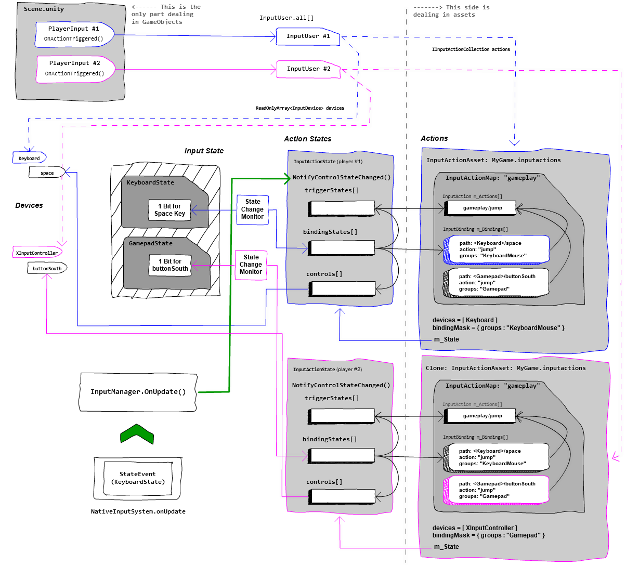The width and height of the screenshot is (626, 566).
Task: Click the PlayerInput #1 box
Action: pyautogui.click(x=74, y=34)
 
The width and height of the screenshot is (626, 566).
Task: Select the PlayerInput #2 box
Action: pyautogui.click(x=75, y=68)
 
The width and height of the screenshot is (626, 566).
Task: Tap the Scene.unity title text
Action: pyautogui.click(x=44, y=9)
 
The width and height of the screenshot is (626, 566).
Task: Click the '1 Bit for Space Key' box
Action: pyautogui.click(x=169, y=210)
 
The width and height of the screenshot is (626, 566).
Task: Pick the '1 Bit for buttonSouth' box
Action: pyautogui.click(x=169, y=265)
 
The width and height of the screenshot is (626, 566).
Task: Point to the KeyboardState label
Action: pyautogui.click(x=150, y=182)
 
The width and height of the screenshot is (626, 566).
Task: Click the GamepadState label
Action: pyautogui.click(x=150, y=243)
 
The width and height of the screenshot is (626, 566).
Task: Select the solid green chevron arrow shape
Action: pyautogui.click(x=137, y=435)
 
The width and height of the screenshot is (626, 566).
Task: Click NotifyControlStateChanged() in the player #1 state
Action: pyautogui.click(x=342, y=177)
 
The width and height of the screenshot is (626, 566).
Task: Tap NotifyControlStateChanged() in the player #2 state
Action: pyautogui.click(x=341, y=385)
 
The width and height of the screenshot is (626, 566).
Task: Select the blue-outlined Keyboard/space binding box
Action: pyautogui.click(x=497, y=249)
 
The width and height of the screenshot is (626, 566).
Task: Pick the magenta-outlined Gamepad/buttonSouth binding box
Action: pyautogui.click(x=497, y=490)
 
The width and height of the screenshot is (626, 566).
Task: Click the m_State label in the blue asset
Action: pyautogui.click(x=447, y=339)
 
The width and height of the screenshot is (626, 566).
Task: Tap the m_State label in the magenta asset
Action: pyautogui.click(x=447, y=547)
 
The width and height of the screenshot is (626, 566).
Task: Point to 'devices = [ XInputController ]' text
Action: pyautogui.click(x=475, y=528)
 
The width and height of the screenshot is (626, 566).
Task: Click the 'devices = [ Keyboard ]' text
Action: pyautogui.click(x=465, y=320)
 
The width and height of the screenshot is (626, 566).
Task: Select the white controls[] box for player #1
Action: pyautogui.click(x=343, y=288)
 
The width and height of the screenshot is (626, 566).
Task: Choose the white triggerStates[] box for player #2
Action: pyautogui.click(x=342, y=416)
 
